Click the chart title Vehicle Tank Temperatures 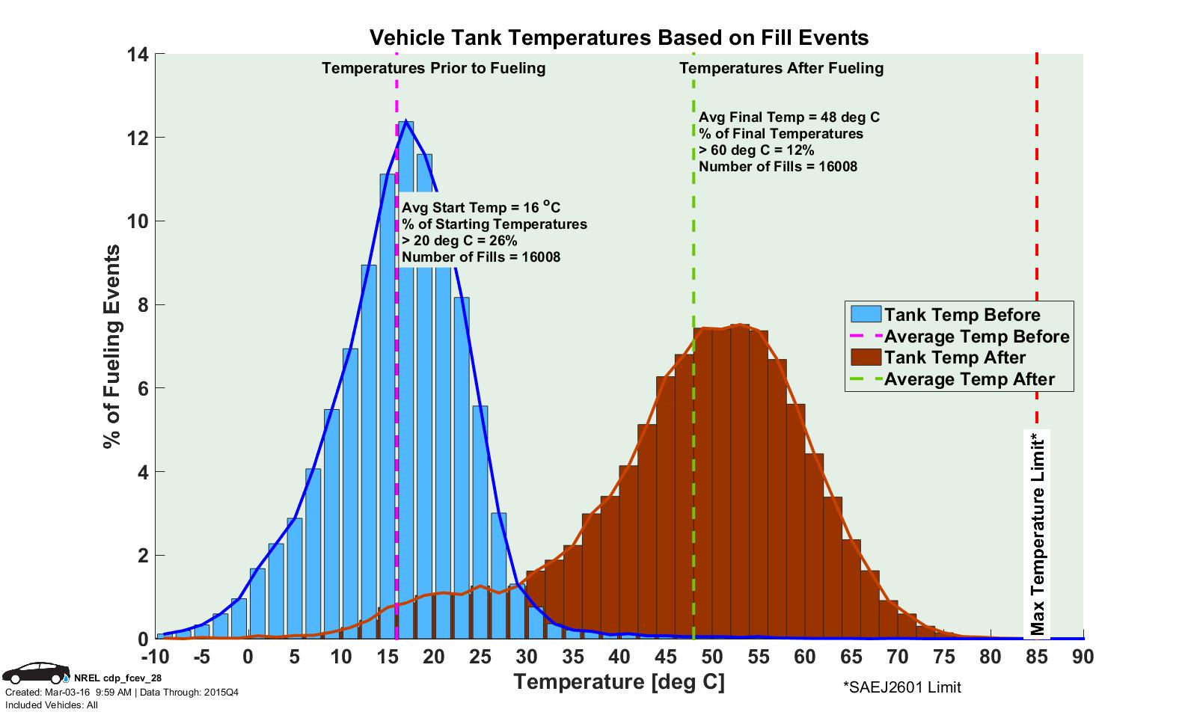[x=619, y=37]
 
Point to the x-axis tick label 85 [x=1037, y=657]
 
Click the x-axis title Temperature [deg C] [x=619, y=682]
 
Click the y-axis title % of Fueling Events [x=112, y=346]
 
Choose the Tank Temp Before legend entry [x=961, y=315]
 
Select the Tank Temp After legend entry [x=954, y=358]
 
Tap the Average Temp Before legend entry [x=976, y=337]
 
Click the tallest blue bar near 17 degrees [x=406, y=374]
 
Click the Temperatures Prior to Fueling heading [x=433, y=69]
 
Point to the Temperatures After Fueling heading [x=781, y=69]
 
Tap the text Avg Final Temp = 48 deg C [x=789, y=117]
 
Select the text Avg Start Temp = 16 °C [x=481, y=207]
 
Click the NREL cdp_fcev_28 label [x=117, y=678]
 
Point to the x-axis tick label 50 [x=712, y=657]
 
